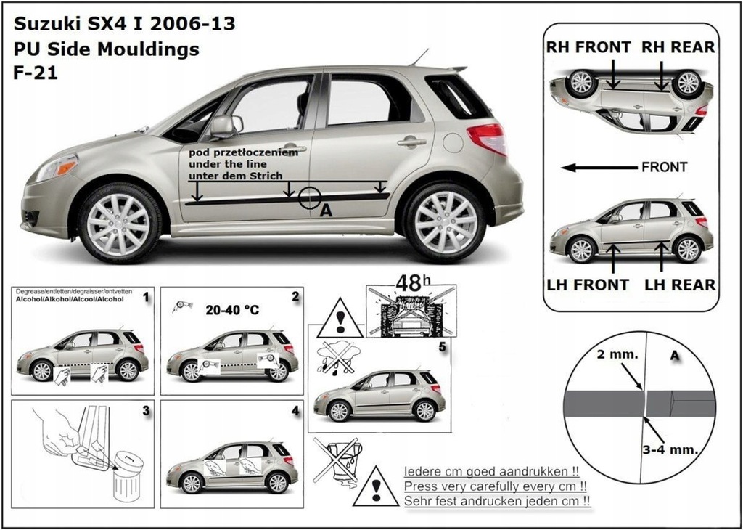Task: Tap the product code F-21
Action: point(32,73)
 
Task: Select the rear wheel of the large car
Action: point(446,221)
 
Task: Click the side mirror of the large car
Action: point(223,126)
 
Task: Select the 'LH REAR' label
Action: point(680,285)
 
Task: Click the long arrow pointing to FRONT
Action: point(598,168)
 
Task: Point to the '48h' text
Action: point(411,283)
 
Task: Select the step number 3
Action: point(146,411)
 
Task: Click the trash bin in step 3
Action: point(128,475)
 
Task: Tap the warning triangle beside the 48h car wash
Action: point(339,319)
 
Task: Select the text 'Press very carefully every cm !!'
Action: point(495,486)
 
